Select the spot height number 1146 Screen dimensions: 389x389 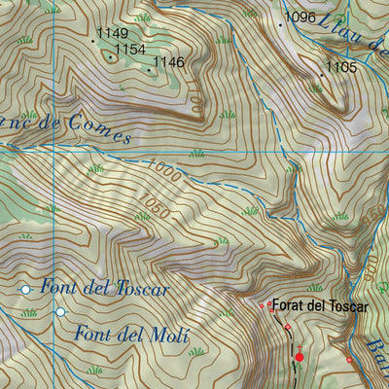tap(168, 62)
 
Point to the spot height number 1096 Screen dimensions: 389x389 tap(301, 18)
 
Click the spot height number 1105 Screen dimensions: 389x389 tap(341, 67)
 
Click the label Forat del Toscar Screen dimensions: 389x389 tap(320, 306)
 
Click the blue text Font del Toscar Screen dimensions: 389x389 tap(105, 290)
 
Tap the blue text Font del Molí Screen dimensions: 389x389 tap(130, 336)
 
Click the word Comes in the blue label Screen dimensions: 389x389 tap(98, 134)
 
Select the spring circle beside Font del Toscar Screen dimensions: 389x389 tap(26, 290)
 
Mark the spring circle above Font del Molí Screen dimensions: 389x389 tap(60, 312)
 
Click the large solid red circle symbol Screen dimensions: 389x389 tap(300, 358)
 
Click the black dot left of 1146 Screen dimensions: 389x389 tap(149, 69)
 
